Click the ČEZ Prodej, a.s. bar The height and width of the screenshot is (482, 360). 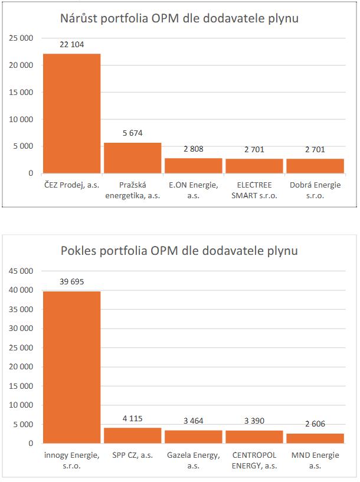tap(71, 113)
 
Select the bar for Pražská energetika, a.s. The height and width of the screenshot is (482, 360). tap(132, 158)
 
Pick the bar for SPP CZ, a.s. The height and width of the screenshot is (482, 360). tap(132, 435)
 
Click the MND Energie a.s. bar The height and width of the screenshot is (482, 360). tap(315, 438)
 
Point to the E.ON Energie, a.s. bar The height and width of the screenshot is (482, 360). tap(193, 166)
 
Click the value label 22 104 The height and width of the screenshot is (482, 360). tap(72, 45)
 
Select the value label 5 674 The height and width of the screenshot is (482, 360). tap(132, 133)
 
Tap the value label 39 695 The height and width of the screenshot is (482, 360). tap(72, 281)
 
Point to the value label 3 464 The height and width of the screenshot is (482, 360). tap(193, 421)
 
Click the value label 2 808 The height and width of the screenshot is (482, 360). tap(193, 149)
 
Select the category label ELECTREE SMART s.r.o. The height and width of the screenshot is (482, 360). tap(254, 191)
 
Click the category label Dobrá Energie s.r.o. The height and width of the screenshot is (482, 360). tap(315, 191)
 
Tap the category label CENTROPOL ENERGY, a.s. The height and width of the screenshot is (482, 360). tap(254, 460)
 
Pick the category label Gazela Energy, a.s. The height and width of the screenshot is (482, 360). tap(193, 460)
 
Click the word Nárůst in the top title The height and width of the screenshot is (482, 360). tap(83, 18)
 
